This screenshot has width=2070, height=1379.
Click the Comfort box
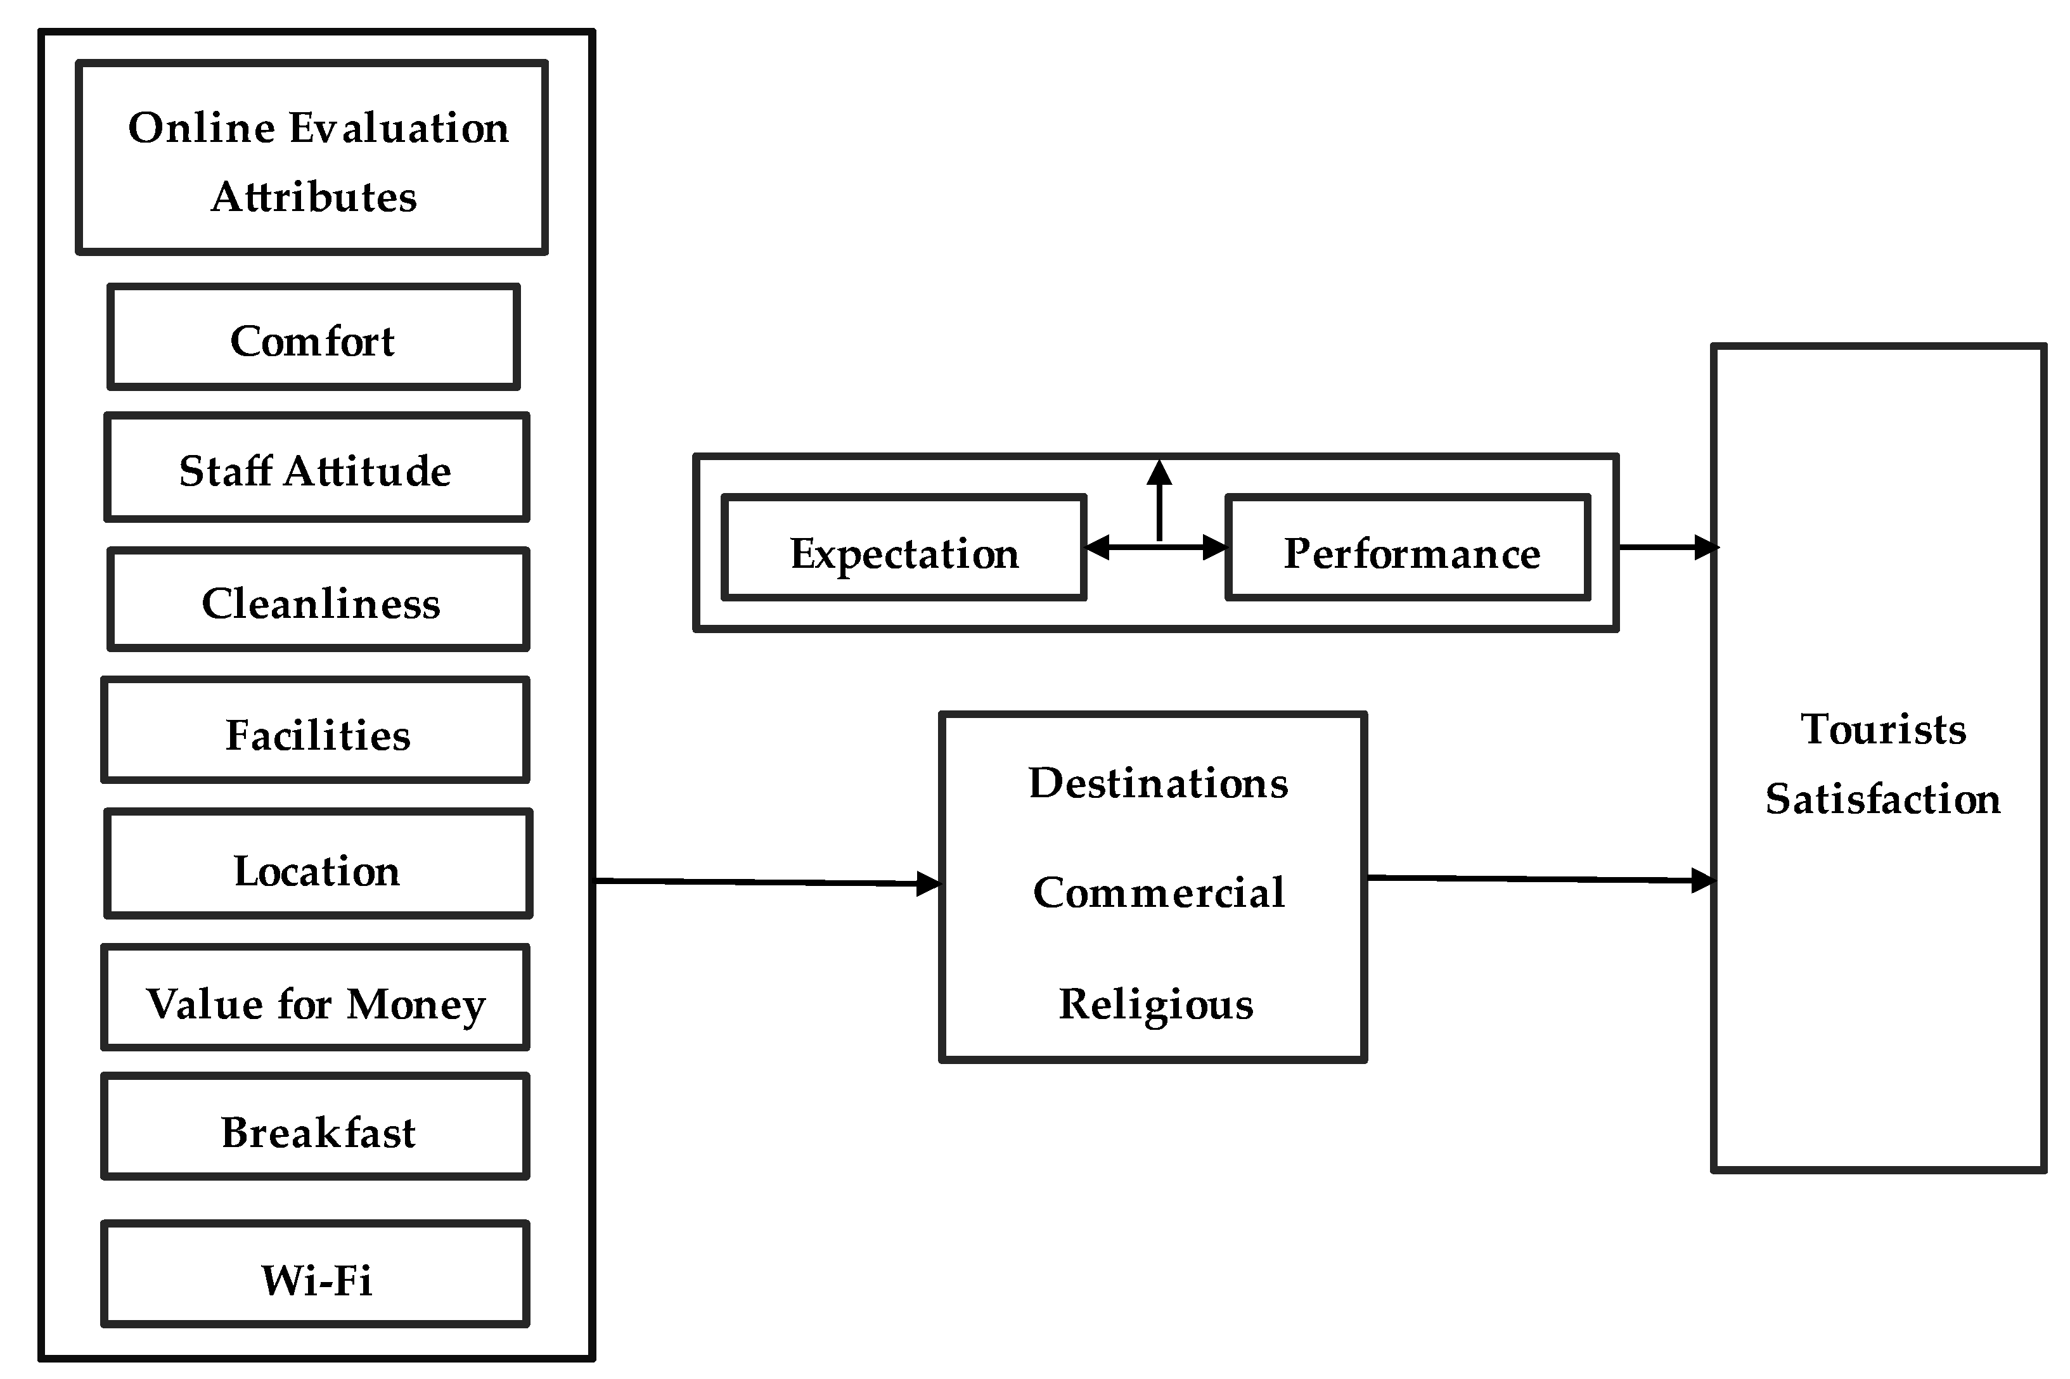coord(313,337)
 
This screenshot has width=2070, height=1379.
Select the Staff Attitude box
coord(316,467)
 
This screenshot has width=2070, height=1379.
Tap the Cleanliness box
coord(318,600)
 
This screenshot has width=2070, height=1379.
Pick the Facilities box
coord(316,730)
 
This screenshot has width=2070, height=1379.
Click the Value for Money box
coord(316,997)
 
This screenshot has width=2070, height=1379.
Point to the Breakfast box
coord(316,1127)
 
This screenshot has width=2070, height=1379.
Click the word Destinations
coord(1157,783)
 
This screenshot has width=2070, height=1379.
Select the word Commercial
coord(1157,893)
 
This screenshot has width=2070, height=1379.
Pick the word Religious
coord(1155,1004)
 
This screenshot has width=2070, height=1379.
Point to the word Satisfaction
coord(1882,799)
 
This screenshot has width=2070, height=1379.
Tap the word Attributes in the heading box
coord(314,197)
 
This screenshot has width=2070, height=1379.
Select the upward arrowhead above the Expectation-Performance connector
coord(1159,474)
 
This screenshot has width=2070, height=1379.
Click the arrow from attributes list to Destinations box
coord(765,882)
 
